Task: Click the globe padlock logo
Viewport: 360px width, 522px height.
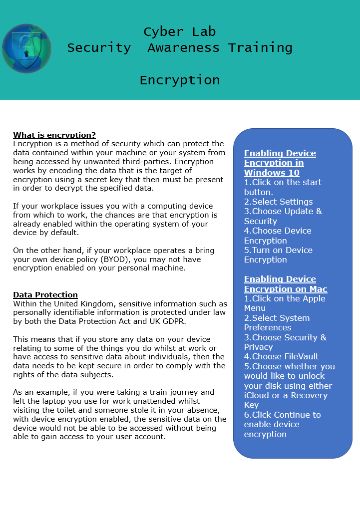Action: (x=26, y=48)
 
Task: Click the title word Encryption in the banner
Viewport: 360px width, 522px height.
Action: (x=179, y=80)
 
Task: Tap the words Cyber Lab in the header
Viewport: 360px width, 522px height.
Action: (x=179, y=32)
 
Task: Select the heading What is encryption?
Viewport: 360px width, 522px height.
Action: (x=54, y=135)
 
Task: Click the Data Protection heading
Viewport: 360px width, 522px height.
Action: (x=45, y=294)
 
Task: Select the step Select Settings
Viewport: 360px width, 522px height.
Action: (x=279, y=202)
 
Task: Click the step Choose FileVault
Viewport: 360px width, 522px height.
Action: (x=282, y=356)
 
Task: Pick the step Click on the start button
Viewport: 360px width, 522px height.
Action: (x=283, y=187)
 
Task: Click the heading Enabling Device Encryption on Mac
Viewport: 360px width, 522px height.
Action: (x=286, y=284)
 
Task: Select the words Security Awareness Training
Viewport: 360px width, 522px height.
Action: (x=179, y=48)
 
